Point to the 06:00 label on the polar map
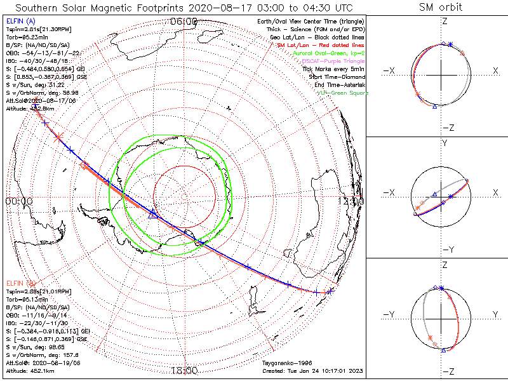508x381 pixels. pyautogui.click(x=185, y=22)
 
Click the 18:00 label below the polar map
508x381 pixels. pyautogui.click(x=185, y=370)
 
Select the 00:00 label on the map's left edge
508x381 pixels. pyautogui.click(x=19, y=201)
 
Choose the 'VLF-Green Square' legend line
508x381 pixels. pyautogui.click(x=342, y=93)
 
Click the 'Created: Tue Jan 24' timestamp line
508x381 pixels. pyautogui.click(x=312, y=371)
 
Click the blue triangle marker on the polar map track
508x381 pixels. pyautogui.click(x=152, y=215)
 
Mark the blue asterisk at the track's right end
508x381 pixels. pyautogui.click(x=330, y=291)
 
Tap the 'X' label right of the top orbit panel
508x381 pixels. pyautogui.click(x=495, y=70)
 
